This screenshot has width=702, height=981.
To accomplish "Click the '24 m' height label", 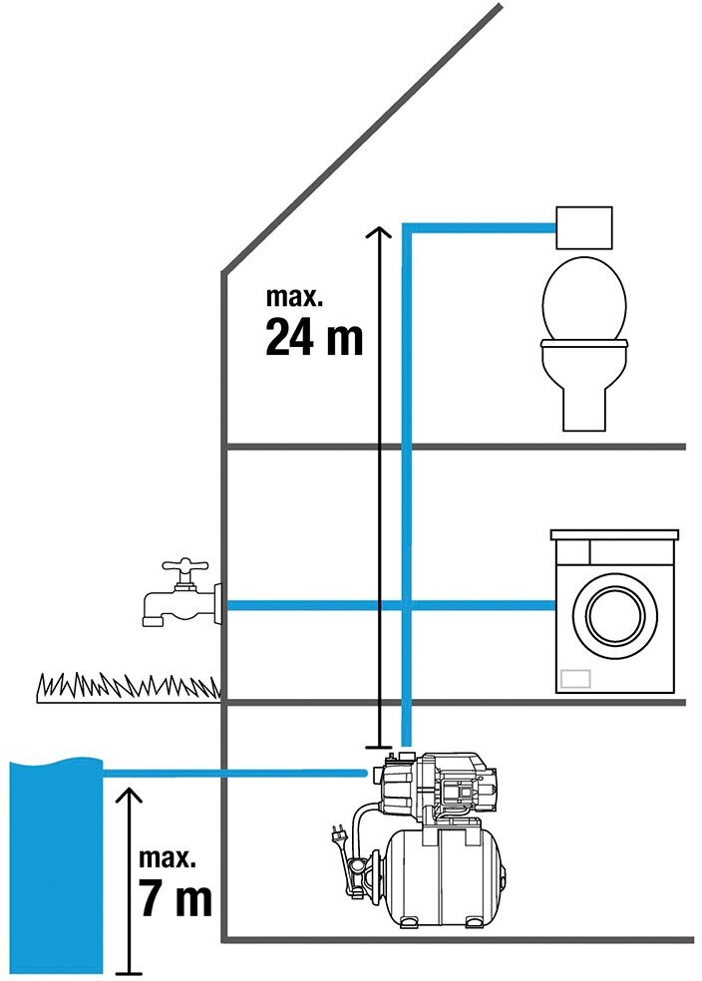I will pyautogui.click(x=314, y=337).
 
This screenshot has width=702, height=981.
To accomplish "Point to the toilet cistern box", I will pyautogui.click(x=583, y=228).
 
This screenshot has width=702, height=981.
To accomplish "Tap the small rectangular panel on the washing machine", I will pyautogui.click(x=575, y=678).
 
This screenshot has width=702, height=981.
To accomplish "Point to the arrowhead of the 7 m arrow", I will pyautogui.click(x=128, y=793).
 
